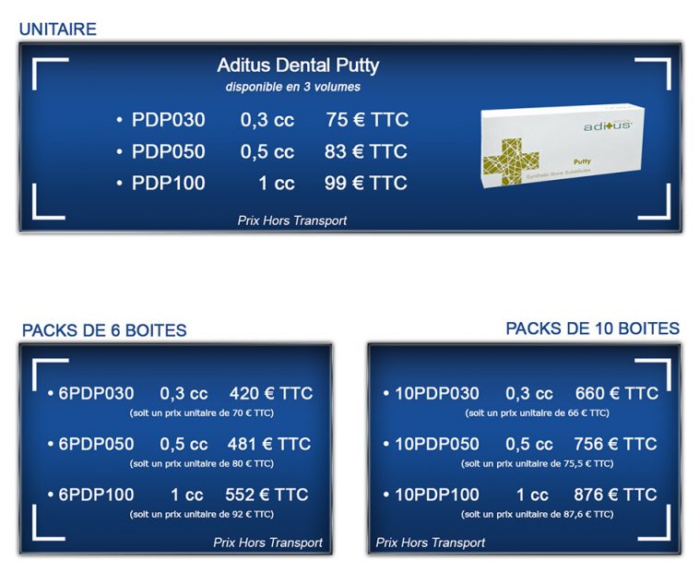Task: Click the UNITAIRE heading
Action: [x=57, y=30]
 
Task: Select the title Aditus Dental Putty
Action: [x=298, y=66]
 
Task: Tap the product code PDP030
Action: [x=169, y=120]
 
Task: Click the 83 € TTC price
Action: [x=366, y=151]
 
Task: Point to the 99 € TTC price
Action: [x=366, y=183]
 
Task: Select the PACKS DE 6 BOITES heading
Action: [x=104, y=330]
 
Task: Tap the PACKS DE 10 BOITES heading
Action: [x=592, y=328]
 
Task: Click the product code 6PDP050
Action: [x=96, y=444]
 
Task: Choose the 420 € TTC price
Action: [x=271, y=393]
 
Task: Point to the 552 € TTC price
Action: [x=267, y=495]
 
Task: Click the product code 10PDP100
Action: [x=437, y=495]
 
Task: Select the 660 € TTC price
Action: [x=616, y=393]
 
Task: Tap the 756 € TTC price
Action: [x=615, y=444]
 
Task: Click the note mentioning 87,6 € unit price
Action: [x=537, y=514]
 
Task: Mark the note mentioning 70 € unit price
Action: [x=201, y=412]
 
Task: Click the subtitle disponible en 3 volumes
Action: [x=293, y=87]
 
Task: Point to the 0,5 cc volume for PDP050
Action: [x=267, y=151]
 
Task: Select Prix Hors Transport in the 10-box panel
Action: [x=431, y=543]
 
